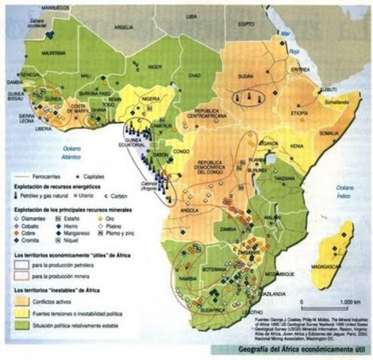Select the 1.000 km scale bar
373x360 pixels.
pos(323,306)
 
